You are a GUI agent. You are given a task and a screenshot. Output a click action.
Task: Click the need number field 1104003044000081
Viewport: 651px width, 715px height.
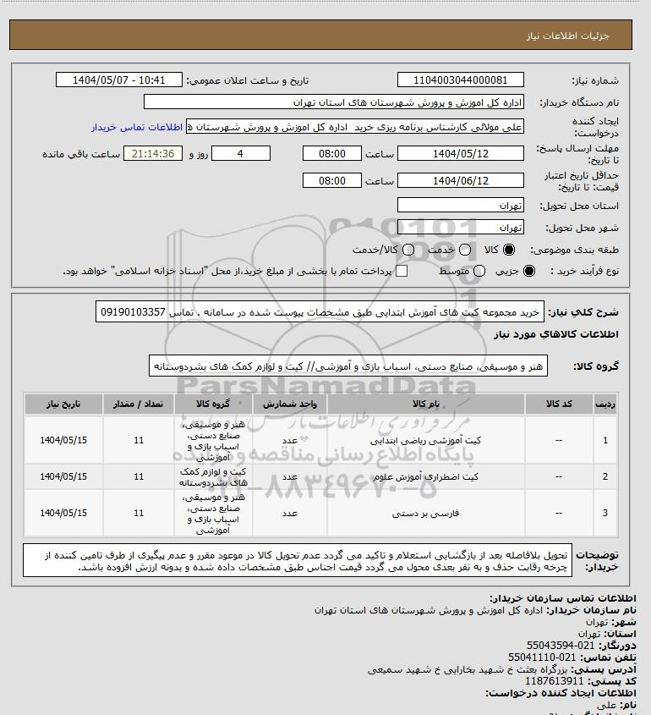point(460,80)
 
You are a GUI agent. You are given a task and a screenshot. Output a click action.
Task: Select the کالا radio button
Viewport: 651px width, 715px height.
point(509,250)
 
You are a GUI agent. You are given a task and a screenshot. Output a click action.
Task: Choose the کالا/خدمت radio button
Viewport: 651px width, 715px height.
point(409,250)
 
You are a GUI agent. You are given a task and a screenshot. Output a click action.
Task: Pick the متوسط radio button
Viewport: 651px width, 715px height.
point(479,271)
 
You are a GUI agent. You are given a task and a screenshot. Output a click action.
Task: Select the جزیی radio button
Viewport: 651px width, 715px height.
point(530,271)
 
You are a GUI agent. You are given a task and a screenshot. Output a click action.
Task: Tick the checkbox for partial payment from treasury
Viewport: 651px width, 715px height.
point(402,271)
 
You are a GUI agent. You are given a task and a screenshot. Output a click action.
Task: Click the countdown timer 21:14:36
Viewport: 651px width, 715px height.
point(153,154)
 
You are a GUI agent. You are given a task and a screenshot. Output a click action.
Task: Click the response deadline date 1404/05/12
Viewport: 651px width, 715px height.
point(460,154)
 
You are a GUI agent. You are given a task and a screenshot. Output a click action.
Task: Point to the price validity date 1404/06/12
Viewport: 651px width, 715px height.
point(460,180)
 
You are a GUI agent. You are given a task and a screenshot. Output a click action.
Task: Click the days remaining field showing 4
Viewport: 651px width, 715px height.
point(241,154)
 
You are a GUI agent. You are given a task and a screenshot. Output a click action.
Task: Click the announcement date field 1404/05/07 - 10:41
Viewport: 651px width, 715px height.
point(118,80)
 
